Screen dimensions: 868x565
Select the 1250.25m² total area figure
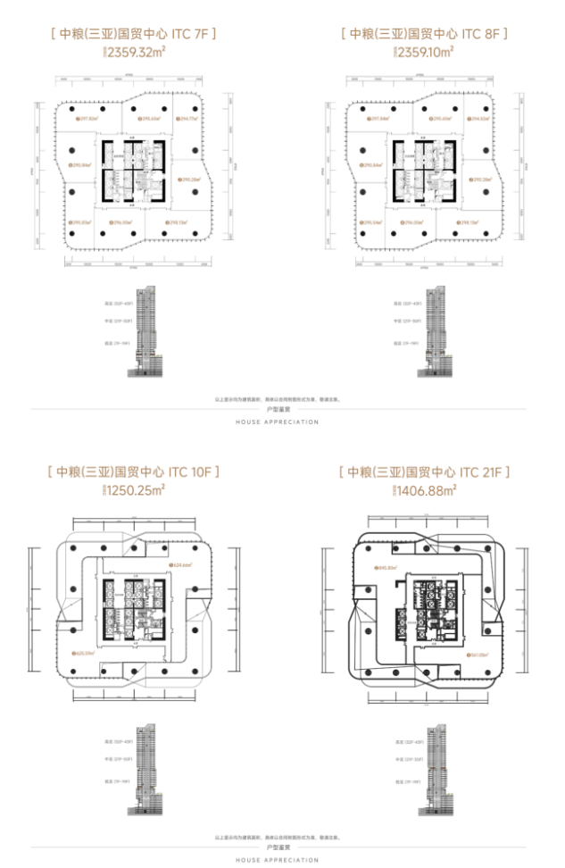click(x=135, y=489)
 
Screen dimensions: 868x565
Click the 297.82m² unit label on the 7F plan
click(x=86, y=118)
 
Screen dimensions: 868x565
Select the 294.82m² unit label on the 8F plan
click(x=480, y=118)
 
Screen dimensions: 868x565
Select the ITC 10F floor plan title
click(x=135, y=471)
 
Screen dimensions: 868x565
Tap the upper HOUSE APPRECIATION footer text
click(x=276, y=422)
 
